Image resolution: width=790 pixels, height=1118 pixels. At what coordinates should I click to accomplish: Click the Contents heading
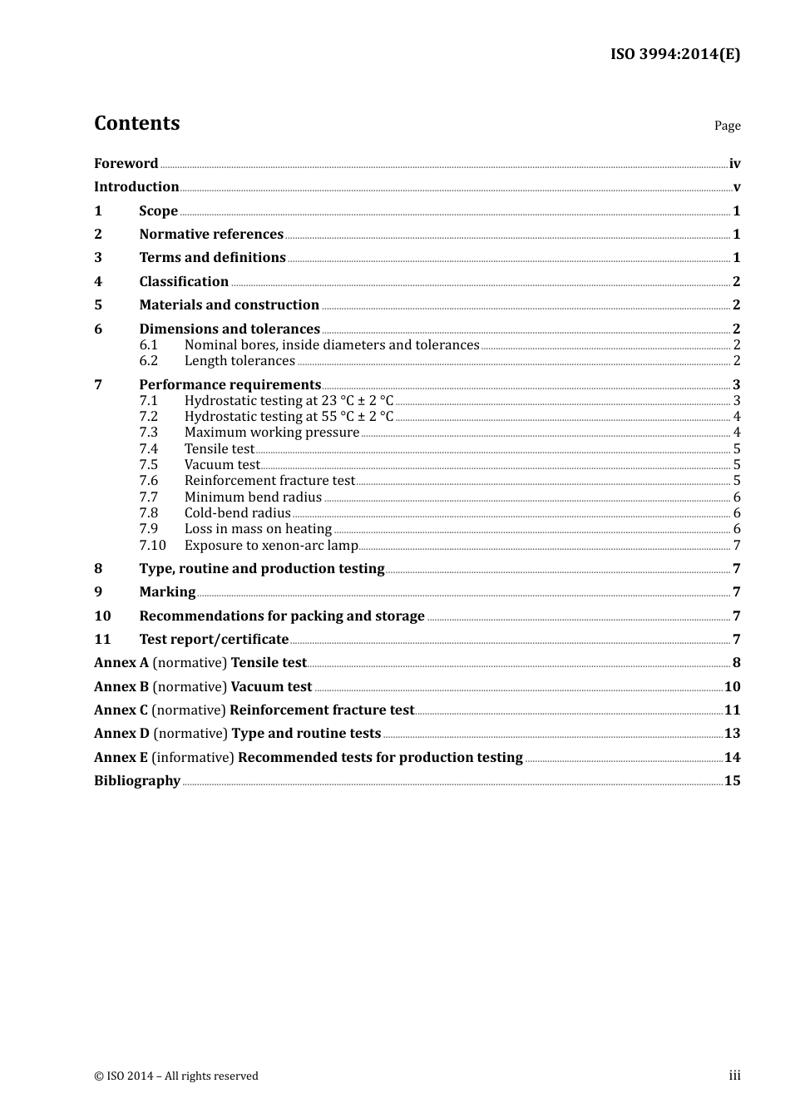pyautogui.click(x=136, y=123)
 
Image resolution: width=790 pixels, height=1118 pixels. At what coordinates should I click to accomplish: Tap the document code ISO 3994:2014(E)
pyautogui.click(x=674, y=54)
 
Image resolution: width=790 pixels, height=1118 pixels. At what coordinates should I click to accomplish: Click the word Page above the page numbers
pyautogui.click(x=727, y=126)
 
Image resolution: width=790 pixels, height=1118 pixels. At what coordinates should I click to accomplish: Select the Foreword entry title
pyautogui.click(x=126, y=164)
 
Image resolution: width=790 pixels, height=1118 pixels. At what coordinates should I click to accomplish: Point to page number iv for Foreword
pyautogui.click(x=734, y=164)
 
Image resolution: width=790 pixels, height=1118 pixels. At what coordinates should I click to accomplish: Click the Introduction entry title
pyautogui.click(x=136, y=187)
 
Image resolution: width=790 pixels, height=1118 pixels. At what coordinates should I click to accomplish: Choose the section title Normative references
pyautogui.click(x=211, y=235)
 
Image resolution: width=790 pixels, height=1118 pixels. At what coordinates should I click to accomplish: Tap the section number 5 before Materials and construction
pyautogui.click(x=98, y=305)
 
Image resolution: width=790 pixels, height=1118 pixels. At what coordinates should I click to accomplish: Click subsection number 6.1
pyautogui.click(x=148, y=345)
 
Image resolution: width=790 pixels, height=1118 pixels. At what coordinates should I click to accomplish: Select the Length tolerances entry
pyautogui.click(x=239, y=361)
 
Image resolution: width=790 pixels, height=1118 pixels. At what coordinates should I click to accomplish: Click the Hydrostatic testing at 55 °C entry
pyautogui.click(x=289, y=417)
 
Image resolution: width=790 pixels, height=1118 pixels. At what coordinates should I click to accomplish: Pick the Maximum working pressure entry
pyautogui.click(x=272, y=433)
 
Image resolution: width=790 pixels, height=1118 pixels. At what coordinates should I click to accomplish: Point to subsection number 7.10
pyautogui.click(x=152, y=546)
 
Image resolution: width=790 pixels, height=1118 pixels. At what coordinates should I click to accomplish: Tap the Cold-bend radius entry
pyautogui.click(x=237, y=513)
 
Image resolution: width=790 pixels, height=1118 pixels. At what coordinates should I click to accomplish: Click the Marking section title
pyautogui.click(x=167, y=592)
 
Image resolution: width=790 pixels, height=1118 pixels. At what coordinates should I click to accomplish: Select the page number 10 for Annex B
pyautogui.click(x=732, y=687)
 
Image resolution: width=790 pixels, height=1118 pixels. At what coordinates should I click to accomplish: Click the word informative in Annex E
pyautogui.click(x=192, y=758)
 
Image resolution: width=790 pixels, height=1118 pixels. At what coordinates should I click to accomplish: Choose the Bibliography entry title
pyautogui.click(x=137, y=781)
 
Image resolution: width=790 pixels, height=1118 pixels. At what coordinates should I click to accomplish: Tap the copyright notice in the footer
pyautogui.click(x=176, y=1076)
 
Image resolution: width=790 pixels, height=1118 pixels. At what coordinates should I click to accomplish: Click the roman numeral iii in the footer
pyautogui.click(x=734, y=1076)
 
